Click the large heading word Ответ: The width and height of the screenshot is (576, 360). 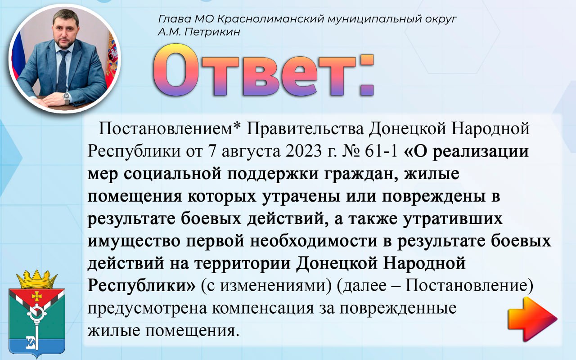tap(264, 70)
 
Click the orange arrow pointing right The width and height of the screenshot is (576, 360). tap(532, 319)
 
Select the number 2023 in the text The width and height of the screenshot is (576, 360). tap(303, 151)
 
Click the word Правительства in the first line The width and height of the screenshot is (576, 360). tap(305, 129)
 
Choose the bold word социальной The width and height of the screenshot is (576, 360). tap(172, 174)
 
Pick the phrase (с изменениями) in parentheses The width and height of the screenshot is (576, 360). tap(266, 286)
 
